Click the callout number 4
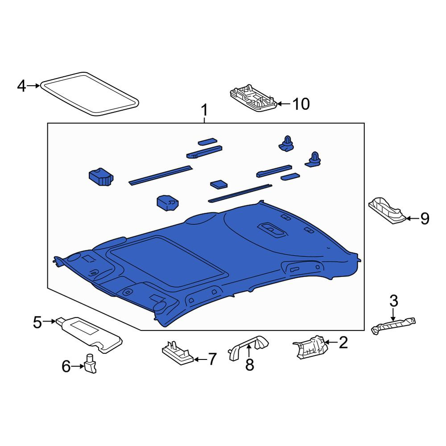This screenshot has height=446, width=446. pos(21,86)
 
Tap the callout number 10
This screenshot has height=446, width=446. pos(301,104)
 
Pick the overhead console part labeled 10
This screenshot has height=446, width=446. pos(253,98)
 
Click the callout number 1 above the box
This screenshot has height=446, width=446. pos(204,110)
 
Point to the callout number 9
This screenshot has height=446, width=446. pos(425,219)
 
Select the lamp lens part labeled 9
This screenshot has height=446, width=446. pos(388,210)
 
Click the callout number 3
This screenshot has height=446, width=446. pos(394,301)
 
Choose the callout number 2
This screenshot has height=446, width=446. pos(343,343)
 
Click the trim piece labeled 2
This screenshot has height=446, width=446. pos(310,347)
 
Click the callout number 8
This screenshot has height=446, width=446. pos(249,365)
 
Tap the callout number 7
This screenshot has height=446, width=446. pos(212,359)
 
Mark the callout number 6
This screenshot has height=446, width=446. pos(66,366)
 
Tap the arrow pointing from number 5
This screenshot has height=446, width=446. pos(49,322)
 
